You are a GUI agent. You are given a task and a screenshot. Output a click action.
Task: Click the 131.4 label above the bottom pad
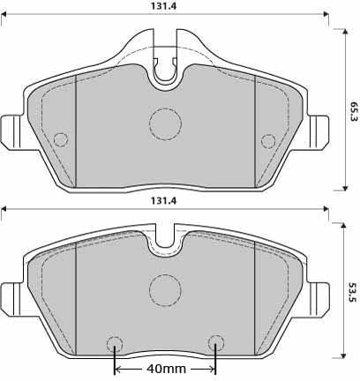pos(163,201)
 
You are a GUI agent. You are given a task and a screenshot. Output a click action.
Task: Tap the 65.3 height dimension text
pos(353,110)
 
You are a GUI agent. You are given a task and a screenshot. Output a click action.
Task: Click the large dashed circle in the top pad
pos(164,124)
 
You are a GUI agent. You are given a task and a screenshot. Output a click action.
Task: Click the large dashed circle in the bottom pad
pos(164,288)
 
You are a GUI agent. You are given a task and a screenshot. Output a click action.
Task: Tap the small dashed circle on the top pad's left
pos(61,139)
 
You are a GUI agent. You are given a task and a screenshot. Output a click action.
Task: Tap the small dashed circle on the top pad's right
pos(268,139)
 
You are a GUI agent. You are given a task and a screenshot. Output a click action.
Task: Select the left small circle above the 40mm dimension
pos(114,343)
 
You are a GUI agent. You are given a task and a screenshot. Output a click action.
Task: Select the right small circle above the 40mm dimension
pos(215,343)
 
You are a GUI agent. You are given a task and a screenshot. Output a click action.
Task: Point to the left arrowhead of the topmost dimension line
pos(4,15)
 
